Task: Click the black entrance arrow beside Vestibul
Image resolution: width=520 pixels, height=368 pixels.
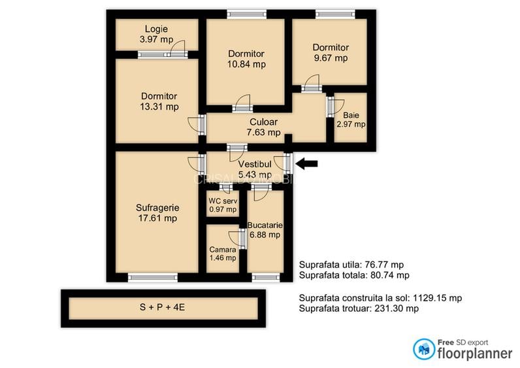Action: pyautogui.click(x=308, y=163)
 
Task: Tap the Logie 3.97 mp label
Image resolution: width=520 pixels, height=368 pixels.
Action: pyautogui.click(x=156, y=34)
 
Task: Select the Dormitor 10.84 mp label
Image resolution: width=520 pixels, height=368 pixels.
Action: pyautogui.click(x=246, y=59)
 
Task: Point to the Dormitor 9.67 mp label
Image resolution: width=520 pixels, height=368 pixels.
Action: pyautogui.click(x=330, y=52)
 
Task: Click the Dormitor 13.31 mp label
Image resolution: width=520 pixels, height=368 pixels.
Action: pyautogui.click(x=159, y=101)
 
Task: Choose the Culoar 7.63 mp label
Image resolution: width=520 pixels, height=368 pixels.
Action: pyautogui.click(x=263, y=127)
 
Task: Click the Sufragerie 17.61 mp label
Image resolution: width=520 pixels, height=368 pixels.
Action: pyautogui.click(x=157, y=213)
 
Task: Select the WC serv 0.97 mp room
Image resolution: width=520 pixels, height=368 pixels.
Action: pyautogui.click(x=222, y=205)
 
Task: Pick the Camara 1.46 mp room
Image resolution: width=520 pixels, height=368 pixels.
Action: pyautogui.click(x=222, y=254)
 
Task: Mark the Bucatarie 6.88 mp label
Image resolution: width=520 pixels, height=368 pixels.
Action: pyautogui.click(x=265, y=229)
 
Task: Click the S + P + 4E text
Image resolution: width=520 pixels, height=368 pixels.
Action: pyautogui.click(x=163, y=307)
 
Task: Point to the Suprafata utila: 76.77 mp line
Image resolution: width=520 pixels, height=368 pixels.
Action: pyautogui.click(x=353, y=265)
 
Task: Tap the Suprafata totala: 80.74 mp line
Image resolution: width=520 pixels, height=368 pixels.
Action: pyautogui.click(x=354, y=275)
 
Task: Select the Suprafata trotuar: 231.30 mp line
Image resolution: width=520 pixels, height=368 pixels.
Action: pyautogui.click(x=359, y=309)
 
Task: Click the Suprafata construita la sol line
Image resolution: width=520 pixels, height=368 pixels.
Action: pyautogui.click(x=380, y=297)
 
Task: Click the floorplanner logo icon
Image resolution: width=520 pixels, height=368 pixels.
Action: pyautogui.click(x=424, y=348)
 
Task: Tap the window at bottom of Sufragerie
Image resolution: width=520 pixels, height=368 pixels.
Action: pyautogui.click(x=152, y=277)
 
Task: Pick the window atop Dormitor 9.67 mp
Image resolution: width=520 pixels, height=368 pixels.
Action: pyautogui.click(x=335, y=14)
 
